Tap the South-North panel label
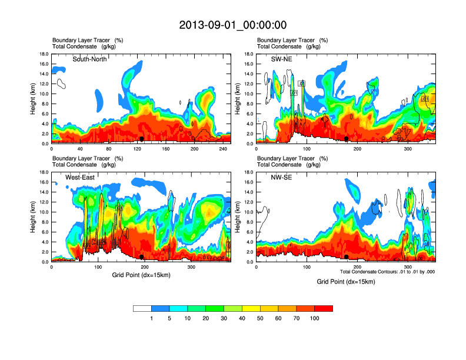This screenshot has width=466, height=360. (x=90, y=59)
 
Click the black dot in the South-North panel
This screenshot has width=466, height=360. (x=141, y=139)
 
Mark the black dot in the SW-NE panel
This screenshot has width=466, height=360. (x=347, y=139)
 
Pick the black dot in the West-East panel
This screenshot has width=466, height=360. (x=141, y=257)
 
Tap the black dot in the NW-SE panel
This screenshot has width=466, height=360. (x=347, y=257)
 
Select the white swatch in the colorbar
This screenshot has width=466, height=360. (x=142, y=308)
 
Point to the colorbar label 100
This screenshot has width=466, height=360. (x=315, y=318)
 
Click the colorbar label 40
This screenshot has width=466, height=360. (x=242, y=318)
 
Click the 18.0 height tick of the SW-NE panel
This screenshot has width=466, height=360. (x=249, y=54)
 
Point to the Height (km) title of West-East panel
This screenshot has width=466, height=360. (x=34, y=217)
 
